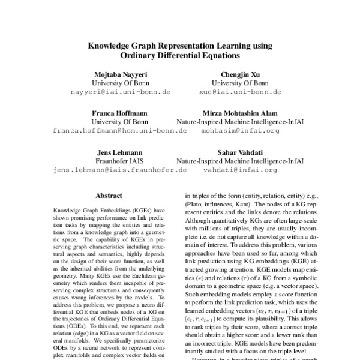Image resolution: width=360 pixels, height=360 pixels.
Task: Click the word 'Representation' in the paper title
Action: coord(179,45)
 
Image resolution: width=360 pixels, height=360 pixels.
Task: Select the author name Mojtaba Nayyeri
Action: coord(119,74)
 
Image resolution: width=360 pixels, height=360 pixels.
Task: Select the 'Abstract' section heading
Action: coord(109,196)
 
